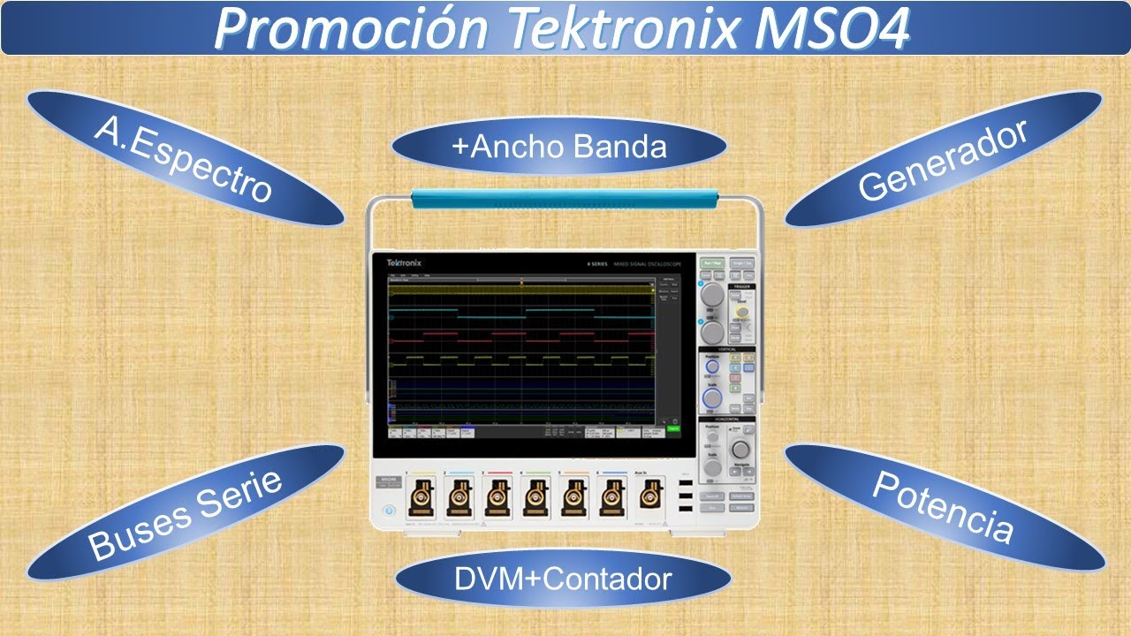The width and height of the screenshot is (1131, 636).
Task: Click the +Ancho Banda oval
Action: [558, 146]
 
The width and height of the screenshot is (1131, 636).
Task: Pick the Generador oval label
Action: [943, 159]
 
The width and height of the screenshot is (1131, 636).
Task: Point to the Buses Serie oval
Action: [186, 512]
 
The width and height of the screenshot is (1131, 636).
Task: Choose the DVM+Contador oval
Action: [563, 579]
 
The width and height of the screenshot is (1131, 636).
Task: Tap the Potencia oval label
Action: [943, 507]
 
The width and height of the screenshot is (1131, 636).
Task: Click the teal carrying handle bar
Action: [565, 199]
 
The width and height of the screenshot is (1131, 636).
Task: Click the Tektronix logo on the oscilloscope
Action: [404, 263]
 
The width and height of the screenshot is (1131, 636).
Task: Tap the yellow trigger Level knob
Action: [742, 313]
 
